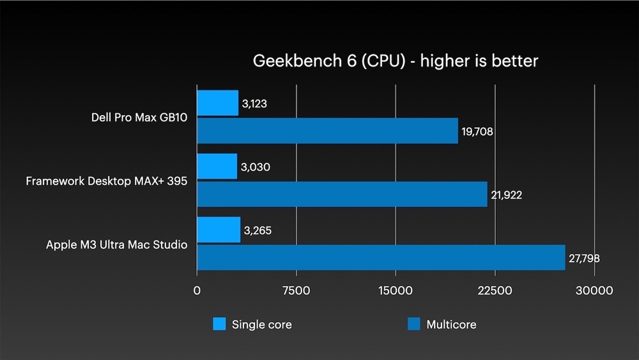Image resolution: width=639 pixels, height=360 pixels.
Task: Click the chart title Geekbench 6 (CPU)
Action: tap(396, 61)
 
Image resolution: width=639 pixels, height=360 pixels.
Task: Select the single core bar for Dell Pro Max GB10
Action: tap(217, 103)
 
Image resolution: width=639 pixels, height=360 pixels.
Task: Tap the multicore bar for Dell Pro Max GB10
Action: tap(327, 130)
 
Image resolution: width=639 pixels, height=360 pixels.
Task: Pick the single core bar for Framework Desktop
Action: tap(217, 166)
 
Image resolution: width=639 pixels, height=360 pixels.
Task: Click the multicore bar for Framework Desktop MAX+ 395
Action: tap(342, 194)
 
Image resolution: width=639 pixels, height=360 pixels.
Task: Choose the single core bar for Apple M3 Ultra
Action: tap(219, 230)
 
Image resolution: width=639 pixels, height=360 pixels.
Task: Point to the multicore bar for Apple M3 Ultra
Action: tap(381, 257)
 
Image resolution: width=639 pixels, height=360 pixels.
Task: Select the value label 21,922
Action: tap(506, 195)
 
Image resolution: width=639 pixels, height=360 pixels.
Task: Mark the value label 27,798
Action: tap(584, 259)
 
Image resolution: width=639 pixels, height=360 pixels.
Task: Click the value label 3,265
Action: tap(257, 230)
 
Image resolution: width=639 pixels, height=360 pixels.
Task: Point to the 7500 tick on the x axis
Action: tap(296, 290)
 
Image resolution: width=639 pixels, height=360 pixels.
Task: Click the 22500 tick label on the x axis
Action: tap(495, 290)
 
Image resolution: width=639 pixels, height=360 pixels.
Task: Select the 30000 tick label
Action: tap(595, 290)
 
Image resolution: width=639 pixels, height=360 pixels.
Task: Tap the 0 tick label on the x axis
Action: tap(197, 290)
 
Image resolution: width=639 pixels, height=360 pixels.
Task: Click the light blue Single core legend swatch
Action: tap(220, 324)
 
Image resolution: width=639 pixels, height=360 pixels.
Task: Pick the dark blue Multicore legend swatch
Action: tap(414, 324)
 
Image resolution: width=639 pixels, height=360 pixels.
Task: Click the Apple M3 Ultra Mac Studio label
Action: tap(116, 244)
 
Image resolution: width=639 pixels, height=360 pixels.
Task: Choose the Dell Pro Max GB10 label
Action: tap(139, 118)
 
